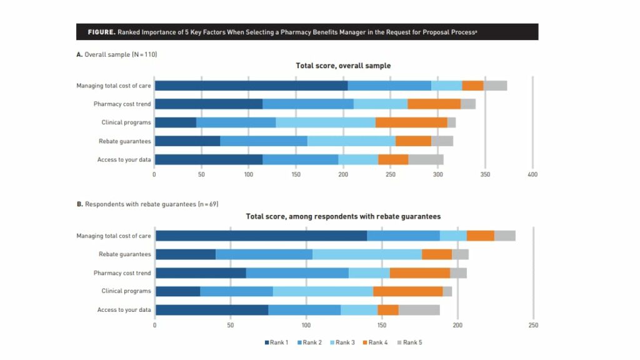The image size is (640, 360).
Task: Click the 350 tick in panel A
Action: tap(486, 174)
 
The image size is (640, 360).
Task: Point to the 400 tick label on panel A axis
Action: tap(532, 174)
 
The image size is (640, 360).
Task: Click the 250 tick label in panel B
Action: tap(532, 325)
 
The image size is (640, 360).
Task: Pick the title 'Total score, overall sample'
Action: tap(343, 66)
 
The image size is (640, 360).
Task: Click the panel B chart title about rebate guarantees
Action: tap(343, 217)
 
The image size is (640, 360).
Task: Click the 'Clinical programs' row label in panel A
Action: tap(126, 122)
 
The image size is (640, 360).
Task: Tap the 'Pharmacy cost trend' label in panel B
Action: tap(122, 273)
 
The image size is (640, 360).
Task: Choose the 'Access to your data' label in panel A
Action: tap(124, 159)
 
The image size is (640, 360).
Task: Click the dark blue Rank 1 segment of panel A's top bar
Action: tap(251, 86)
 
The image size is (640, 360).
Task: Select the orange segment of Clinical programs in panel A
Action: tap(411, 122)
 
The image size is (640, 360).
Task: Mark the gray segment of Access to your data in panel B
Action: tap(419, 309)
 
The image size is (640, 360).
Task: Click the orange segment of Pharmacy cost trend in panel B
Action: tap(419, 273)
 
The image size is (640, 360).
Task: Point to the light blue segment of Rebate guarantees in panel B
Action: tap(367, 254)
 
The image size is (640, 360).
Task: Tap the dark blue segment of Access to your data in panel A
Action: tap(208, 159)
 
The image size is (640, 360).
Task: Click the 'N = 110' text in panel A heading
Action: tap(144, 55)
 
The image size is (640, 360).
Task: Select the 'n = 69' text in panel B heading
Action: tap(207, 204)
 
